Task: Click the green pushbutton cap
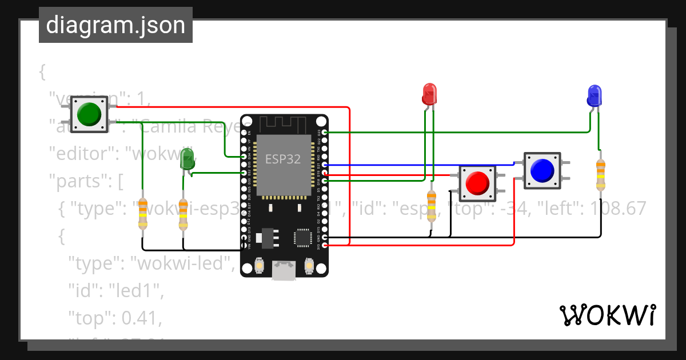click(x=89, y=114)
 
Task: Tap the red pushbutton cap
click(x=477, y=183)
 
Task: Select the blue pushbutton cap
click(x=542, y=170)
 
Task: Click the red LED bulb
click(x=429, y=93)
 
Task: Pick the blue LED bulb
click(x=595, y=95)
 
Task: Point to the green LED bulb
click(x=187, y=158)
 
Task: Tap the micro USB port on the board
click(x=284, y=270)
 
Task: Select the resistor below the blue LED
click(x=600, y=174)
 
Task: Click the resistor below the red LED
click(x=432, y=208)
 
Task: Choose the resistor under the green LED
click(x=183, y=215)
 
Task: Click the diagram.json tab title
click(x=115, y=25)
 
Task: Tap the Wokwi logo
click(x=607, y=315)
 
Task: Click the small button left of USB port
click(x=259, y=266)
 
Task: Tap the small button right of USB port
click(x=309, y=266)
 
